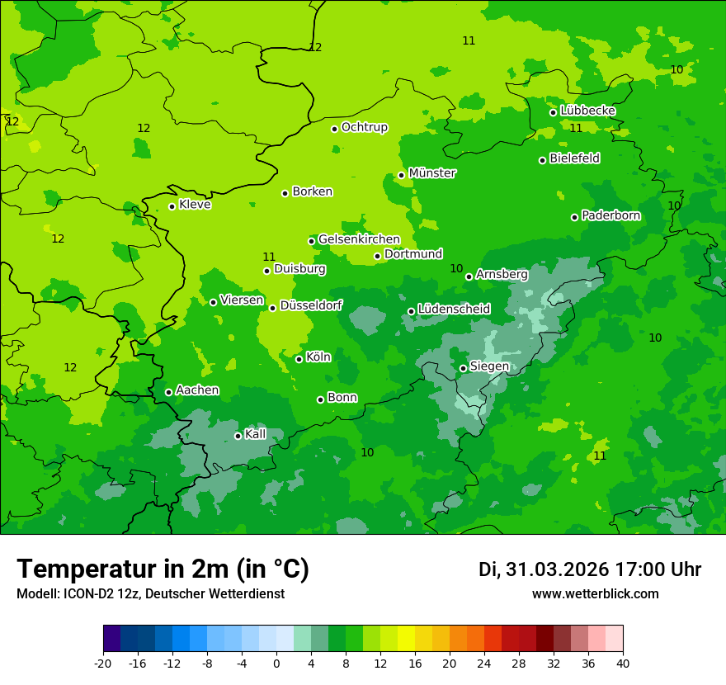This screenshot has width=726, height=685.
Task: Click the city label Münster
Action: point(432,173)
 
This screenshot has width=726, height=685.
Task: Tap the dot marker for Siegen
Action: point(464,368)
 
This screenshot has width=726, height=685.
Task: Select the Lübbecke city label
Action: point(587,111)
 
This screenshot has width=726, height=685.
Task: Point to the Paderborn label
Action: point(610,215)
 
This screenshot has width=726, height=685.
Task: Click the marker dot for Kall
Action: point(238,436)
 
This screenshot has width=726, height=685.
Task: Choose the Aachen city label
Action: point(197,390)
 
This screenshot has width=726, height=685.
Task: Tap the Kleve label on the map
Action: point(195,205)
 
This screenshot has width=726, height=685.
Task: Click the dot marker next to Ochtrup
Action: point(335,129)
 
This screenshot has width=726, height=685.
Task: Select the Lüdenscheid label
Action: point(454,309)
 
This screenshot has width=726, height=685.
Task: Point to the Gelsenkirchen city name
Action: point(359,239)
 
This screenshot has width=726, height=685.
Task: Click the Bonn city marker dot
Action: point(321,399)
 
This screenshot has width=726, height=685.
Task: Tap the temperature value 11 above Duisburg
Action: point(269,257)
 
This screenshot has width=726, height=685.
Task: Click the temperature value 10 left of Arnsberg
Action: point(456,268)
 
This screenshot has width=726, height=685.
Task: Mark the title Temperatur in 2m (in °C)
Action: point(163,569)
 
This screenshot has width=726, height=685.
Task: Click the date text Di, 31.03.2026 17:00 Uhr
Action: point(589,569)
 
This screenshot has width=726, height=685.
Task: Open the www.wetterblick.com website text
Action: point(595,594)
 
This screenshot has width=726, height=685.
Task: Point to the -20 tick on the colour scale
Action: point(103,663)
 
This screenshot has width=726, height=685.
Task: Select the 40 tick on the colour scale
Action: point(623,663)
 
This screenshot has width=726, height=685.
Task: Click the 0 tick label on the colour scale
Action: point(276,663)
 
